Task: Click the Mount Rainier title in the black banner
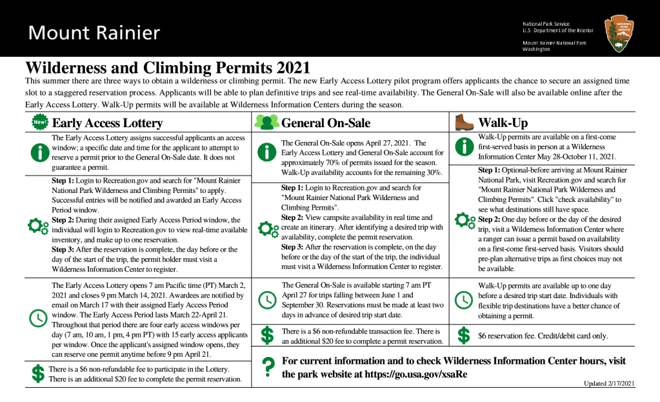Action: [94, 32]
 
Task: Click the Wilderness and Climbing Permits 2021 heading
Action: [168, 67]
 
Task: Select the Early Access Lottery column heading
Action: [107, 123]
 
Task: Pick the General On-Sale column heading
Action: [326, 123]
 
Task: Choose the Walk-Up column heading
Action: [503, 123]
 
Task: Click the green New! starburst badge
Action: [40, 122]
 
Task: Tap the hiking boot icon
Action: [464, 122]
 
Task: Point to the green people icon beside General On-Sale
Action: [266, 122]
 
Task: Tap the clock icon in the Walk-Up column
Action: [463, 299]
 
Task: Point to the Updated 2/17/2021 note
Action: [609, 383]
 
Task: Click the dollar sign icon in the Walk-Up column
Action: [463, 336]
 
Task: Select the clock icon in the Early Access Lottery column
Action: [39, 317]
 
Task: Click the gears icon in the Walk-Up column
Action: [465, 220]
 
